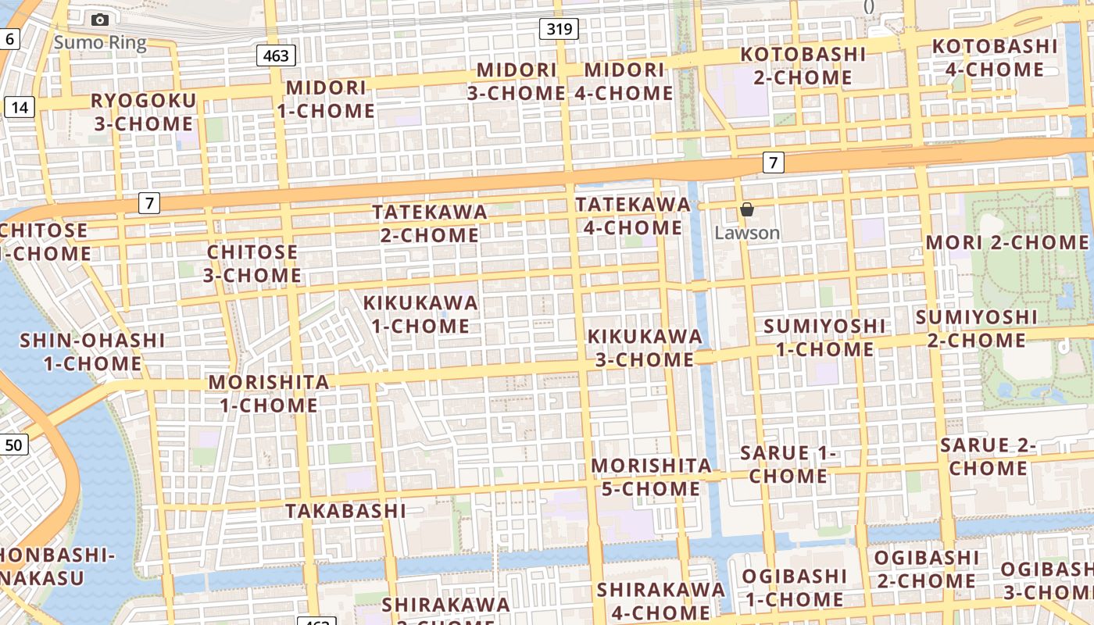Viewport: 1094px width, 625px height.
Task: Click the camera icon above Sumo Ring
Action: coord(100,20)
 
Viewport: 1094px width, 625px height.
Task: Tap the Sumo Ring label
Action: coord(100,42)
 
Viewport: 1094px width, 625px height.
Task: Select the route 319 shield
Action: coord(559,30)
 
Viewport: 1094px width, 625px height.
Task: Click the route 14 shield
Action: coord(20,106)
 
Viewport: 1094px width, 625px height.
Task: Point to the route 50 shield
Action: coord(14,445)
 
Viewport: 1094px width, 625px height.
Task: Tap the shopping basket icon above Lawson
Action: coord(746,209)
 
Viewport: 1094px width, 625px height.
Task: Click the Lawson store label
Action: coord(747,233)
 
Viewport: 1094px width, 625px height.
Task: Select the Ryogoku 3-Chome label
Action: coord(144,112)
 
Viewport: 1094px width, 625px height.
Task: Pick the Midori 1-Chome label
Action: coord(326,98)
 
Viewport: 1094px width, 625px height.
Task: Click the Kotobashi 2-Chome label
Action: coord(803,66)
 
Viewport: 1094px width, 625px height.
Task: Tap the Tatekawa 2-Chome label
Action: coord(430,223)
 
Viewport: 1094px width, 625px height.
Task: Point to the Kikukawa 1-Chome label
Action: coord(420,313)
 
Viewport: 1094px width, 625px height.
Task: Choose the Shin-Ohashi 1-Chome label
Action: coord(92,352)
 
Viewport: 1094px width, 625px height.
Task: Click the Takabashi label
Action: coord(345,511)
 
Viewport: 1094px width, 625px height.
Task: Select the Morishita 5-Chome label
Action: coord(651,477)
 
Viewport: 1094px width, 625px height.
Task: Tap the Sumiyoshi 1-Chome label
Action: coord(825,337)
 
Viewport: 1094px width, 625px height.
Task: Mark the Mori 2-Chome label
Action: coord(1006,242)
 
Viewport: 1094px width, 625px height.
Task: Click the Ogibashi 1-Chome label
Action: coord(793,587)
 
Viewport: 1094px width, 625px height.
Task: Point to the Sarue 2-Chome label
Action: coord(989,456)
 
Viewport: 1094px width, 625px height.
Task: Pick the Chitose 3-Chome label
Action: coord(252,263)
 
